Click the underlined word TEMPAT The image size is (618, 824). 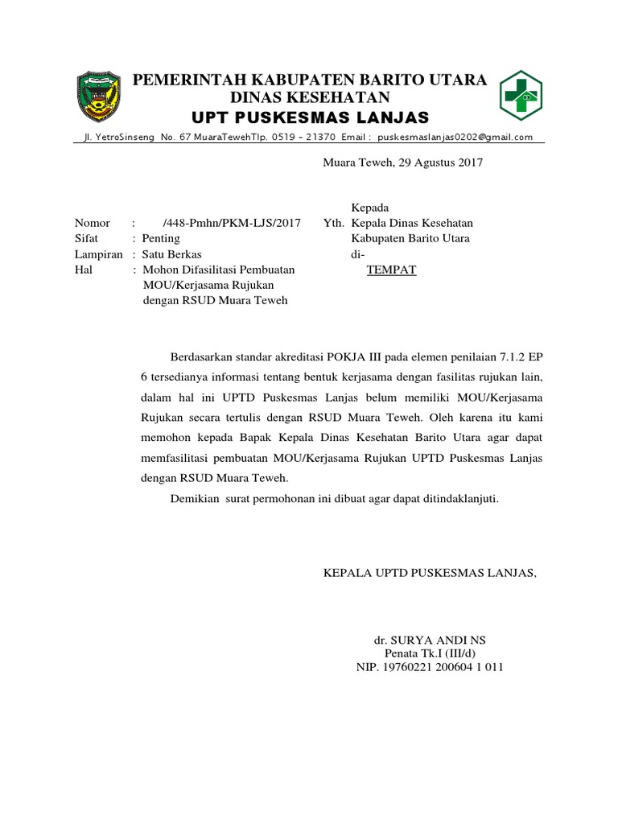click(391, 270)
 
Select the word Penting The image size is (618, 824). click(161, 238)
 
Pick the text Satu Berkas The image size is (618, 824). click(171, 254)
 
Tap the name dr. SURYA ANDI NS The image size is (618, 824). click(430, 640)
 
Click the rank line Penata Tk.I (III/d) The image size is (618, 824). click(431, 653)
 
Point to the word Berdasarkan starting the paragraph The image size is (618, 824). click(203, 356)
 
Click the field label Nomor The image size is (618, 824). click(91, 223)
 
